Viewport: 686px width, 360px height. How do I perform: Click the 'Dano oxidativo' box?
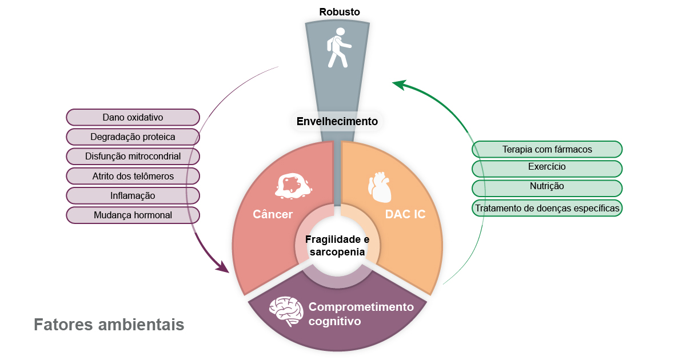(133, 117)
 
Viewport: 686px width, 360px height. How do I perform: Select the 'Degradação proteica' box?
(133, 137)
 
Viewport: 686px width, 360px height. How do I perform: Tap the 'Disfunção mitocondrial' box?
(133, 156)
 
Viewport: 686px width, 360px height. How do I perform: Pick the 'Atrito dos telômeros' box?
(133, 176)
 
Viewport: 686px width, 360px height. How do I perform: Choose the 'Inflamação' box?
(133, 195)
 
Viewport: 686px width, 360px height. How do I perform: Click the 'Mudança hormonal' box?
(133, 215)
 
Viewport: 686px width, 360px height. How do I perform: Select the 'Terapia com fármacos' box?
(547, 149)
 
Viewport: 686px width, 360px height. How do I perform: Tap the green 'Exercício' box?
(547, 168)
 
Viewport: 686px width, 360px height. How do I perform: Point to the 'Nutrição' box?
(547, 187)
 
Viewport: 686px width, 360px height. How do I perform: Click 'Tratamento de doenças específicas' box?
(547, 207)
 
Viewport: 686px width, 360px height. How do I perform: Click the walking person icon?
(338, 48)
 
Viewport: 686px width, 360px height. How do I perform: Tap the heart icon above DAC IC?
(378, 187)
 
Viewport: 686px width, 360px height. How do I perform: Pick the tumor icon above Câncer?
(293, 186)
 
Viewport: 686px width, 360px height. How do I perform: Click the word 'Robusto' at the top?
(340, 11)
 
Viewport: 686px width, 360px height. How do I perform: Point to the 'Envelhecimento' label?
(337, 121)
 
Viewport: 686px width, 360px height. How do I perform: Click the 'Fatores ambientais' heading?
(109, 325)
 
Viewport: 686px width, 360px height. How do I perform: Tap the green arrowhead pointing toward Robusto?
(399, 85)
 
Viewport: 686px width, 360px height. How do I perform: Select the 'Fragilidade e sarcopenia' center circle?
(337, 245)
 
